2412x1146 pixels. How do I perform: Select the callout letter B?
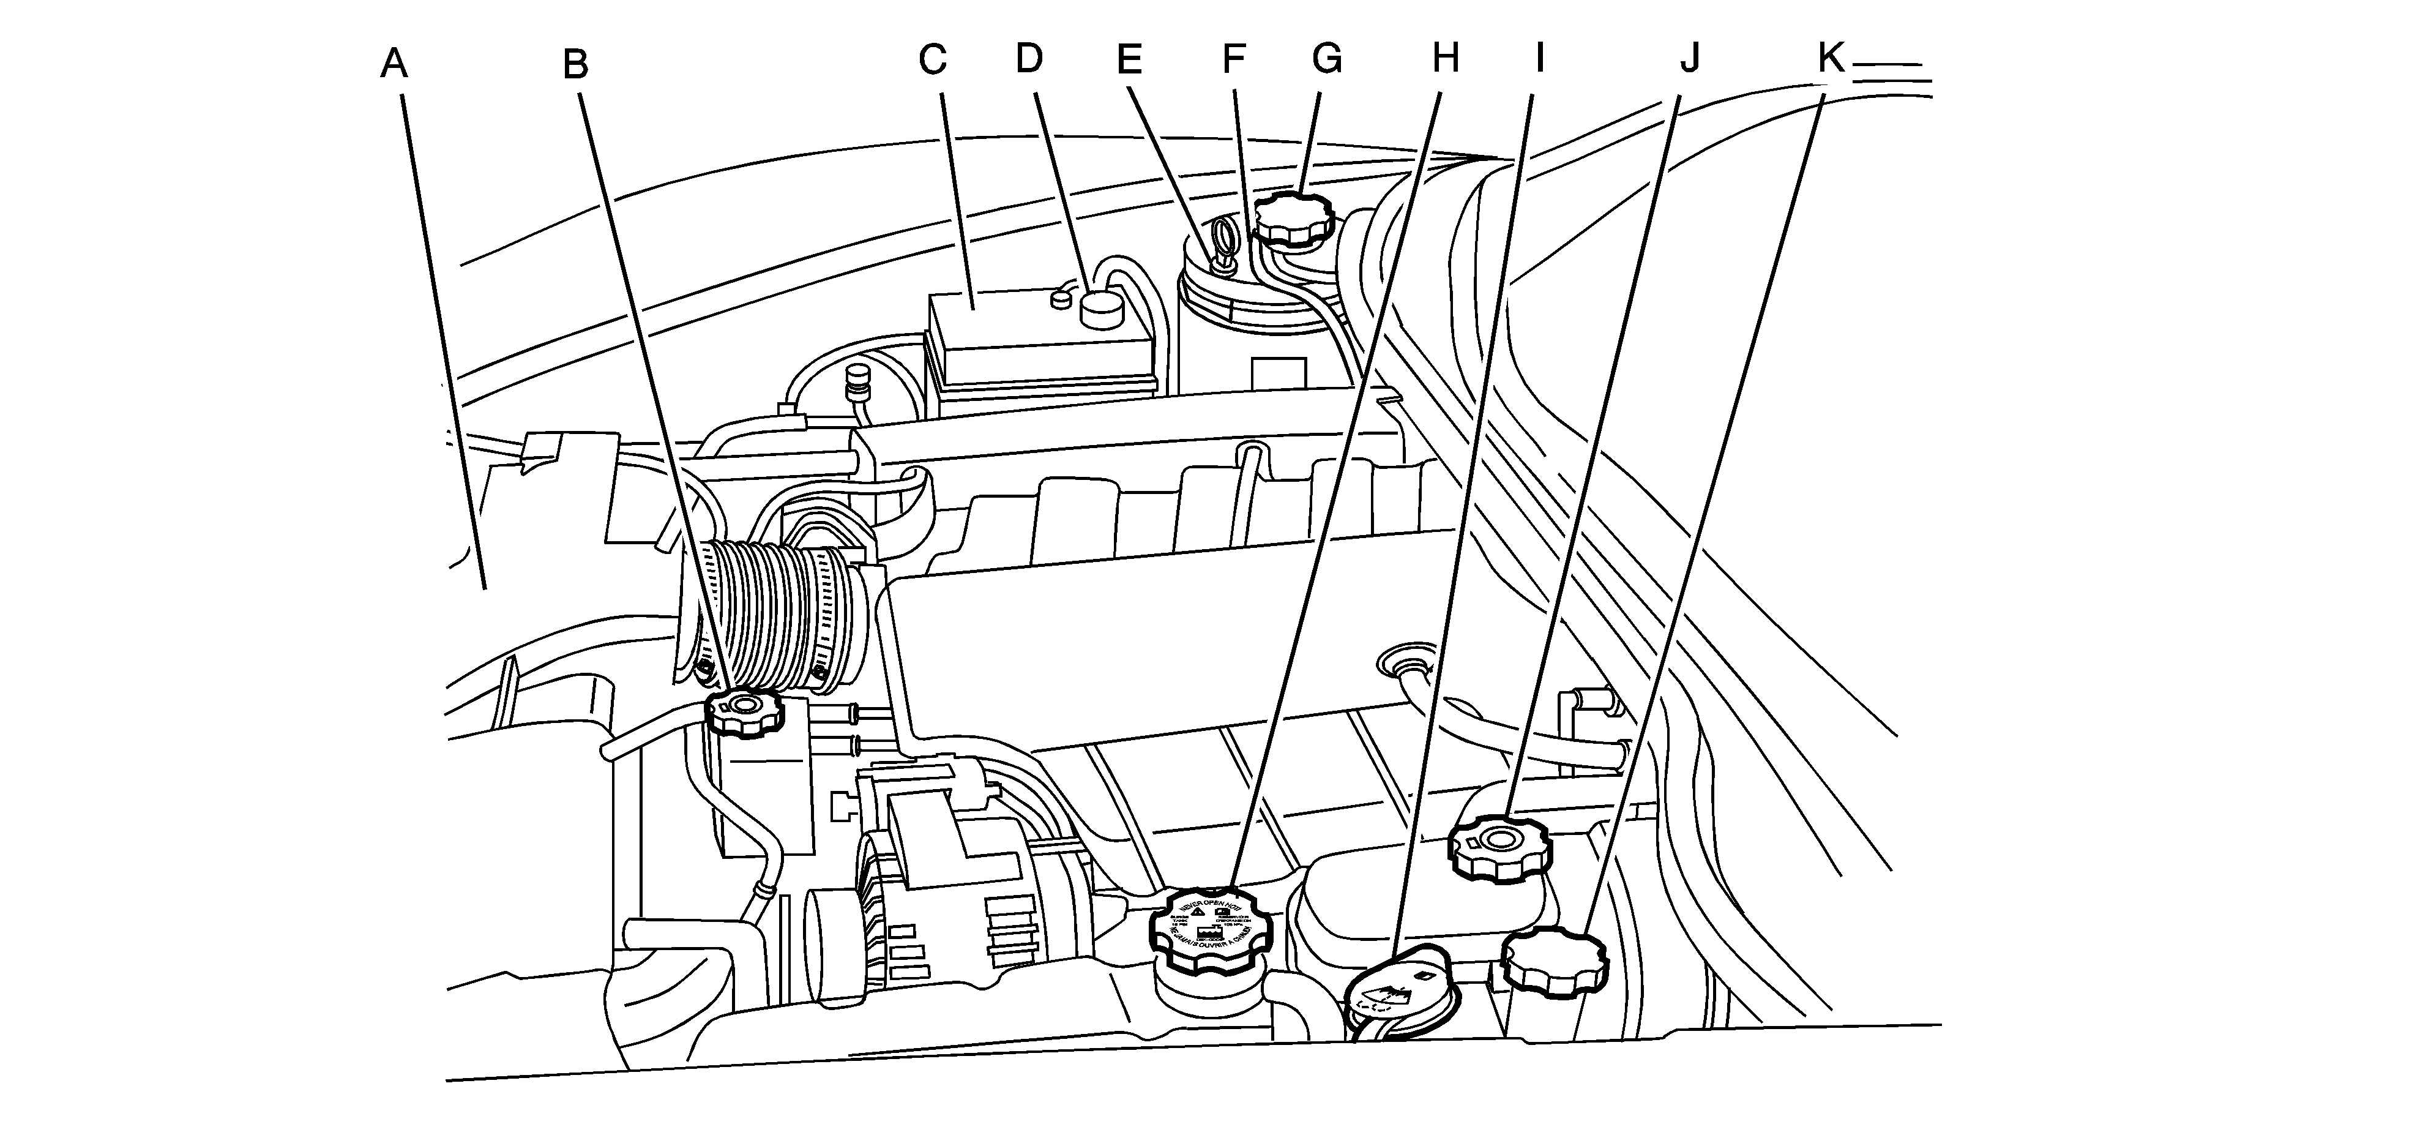[575, 65]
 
